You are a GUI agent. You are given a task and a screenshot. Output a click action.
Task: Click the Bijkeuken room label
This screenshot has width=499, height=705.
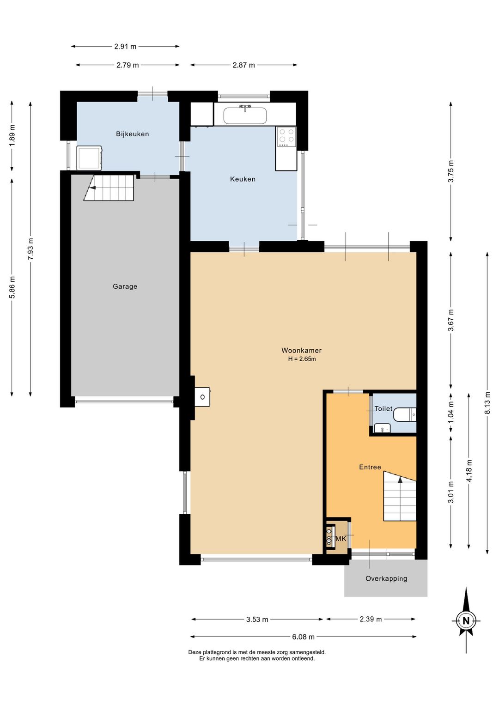132,134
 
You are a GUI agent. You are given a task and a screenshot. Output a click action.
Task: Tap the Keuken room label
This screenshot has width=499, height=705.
243,179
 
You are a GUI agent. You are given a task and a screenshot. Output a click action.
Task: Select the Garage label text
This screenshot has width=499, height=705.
125,286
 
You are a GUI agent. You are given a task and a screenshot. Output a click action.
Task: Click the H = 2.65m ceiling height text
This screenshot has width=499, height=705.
302,359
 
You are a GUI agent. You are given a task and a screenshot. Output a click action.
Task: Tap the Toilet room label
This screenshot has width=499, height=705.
383,408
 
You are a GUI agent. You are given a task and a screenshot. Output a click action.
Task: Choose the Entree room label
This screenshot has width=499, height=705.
370,467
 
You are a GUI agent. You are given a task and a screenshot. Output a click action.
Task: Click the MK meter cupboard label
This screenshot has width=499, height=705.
341,539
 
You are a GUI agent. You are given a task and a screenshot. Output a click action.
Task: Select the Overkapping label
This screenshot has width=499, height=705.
386,578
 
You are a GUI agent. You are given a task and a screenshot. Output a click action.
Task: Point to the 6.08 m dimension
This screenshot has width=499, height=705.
303,637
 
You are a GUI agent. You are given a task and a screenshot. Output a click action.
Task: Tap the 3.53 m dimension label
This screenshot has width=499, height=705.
257,620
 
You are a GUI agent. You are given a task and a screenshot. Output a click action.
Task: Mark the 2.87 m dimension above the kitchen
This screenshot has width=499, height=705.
243,65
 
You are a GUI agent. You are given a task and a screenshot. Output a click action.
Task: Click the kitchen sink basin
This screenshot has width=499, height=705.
245,116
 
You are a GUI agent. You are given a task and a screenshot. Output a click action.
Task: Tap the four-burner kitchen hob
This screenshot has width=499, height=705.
286,137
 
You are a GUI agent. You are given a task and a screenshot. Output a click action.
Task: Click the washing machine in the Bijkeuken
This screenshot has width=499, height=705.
90,158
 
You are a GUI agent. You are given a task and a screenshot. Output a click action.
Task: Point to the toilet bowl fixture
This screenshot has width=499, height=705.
405,414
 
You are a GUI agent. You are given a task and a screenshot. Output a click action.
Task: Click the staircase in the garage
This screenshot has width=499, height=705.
109,188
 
